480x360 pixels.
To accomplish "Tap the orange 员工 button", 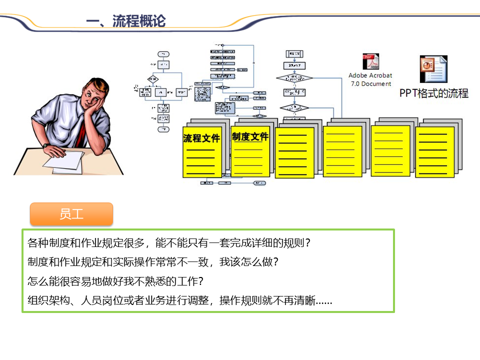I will (x=71, y=214).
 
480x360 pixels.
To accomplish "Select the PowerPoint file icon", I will (x=433, y=68).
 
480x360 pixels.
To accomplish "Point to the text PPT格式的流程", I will (x=433, y=93).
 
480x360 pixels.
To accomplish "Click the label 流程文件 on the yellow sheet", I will (x=201, y=138).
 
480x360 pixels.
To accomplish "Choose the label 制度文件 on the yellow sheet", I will (x=250, y=136).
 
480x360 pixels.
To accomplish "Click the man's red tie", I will (x=80, y=132).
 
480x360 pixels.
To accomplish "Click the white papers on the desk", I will (x=65, y=161).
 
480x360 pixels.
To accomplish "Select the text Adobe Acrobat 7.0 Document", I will (x=370, y=80).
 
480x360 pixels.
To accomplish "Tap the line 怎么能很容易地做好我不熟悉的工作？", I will (x=115, y=281).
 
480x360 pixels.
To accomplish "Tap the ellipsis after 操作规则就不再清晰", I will (x=324, y=302).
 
